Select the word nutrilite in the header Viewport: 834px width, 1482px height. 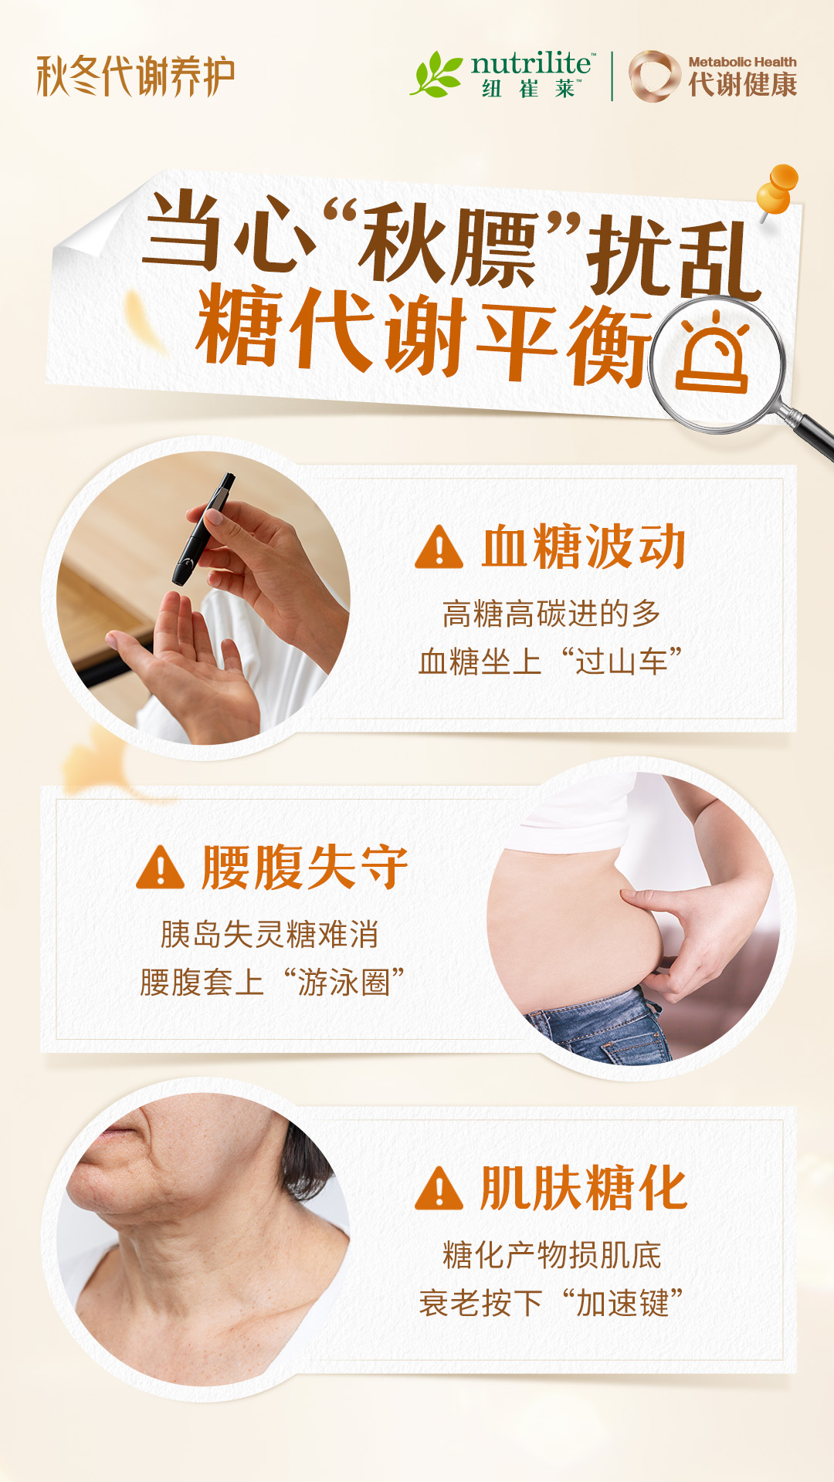coord(531,63)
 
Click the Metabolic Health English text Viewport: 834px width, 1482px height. coord(742,62)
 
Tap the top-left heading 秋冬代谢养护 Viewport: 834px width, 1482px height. coord(136,76)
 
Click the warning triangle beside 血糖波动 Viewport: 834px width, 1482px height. coord(439,547)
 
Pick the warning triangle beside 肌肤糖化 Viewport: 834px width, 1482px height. coord(439,1188)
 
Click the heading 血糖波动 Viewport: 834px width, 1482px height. coord(584,546)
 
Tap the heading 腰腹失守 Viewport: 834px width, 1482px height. coord(305,867)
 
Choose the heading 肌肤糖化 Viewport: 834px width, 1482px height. coord(584,1188)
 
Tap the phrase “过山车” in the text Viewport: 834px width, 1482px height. coord(622,661)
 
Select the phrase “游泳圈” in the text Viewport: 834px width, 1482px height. coord(344,983)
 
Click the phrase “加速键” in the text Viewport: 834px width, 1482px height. coord(622,1303)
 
